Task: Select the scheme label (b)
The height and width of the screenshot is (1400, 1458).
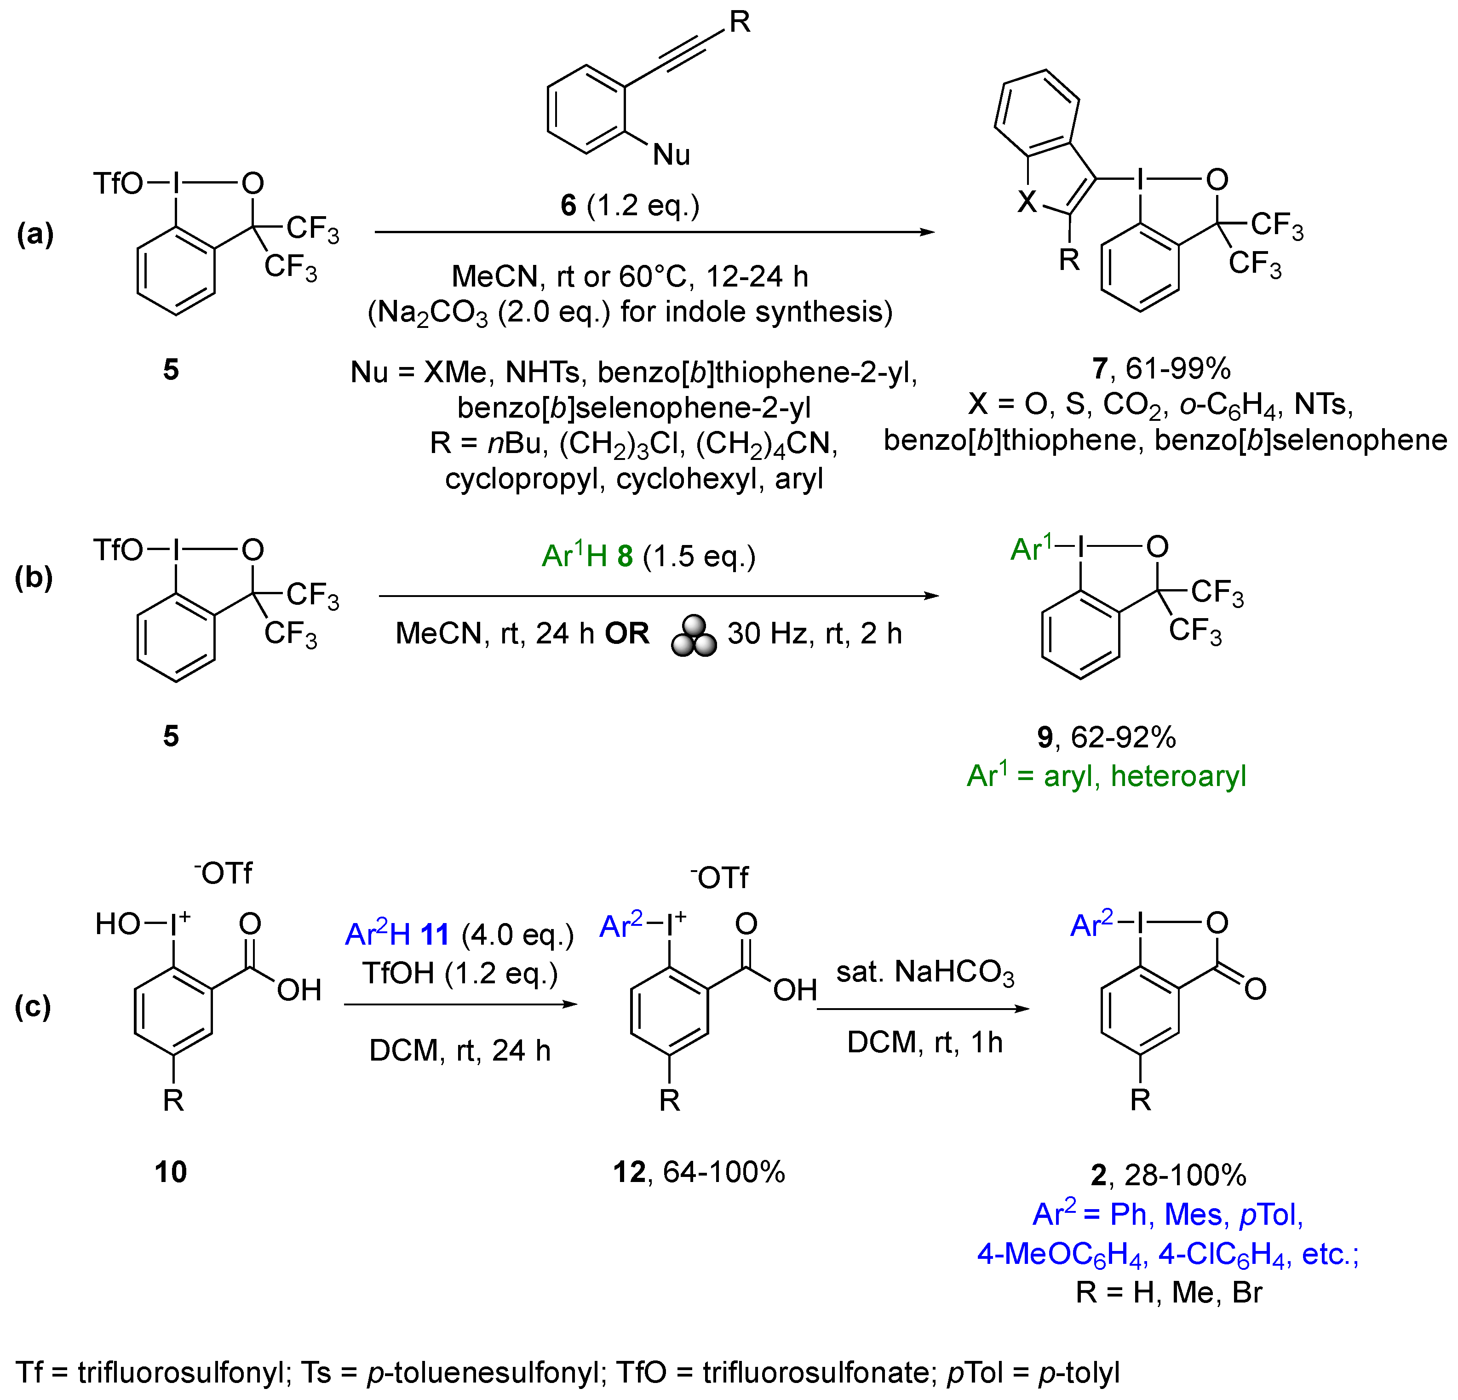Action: (34, 577)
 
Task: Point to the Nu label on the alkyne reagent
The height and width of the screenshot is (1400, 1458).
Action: (671, 155)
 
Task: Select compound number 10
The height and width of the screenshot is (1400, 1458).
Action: (170, 1171)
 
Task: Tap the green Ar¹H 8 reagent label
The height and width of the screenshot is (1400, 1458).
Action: (588, 556)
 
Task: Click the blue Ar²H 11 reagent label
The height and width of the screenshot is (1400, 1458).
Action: (397, 934)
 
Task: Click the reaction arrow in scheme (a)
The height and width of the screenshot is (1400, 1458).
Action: (654, 232)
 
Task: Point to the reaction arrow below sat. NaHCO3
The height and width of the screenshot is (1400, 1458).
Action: (923, 1009)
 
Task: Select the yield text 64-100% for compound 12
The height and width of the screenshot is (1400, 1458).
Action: (724, 1171)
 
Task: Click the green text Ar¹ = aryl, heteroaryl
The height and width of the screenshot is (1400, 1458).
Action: (1106, 776)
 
